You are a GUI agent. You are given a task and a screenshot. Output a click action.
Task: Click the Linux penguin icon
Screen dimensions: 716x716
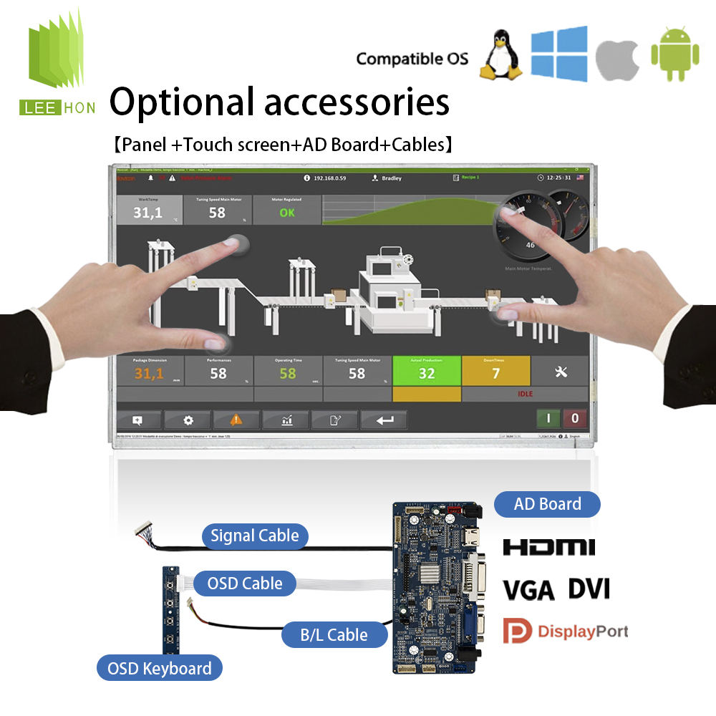tap(500, 54)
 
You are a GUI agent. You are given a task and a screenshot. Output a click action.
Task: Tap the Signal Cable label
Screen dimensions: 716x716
tap(254, 536)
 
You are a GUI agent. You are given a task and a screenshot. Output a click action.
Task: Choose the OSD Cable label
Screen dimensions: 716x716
tap(244, 583)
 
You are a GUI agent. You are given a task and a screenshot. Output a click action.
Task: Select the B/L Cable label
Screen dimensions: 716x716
tap(334, 634)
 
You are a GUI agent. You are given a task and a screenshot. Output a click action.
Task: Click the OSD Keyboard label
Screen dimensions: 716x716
tap(159, 669)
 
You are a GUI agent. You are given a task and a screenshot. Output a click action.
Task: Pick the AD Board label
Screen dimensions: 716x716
tap(547, 504)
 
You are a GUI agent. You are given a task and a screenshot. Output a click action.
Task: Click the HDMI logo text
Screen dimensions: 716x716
tap(548, 548)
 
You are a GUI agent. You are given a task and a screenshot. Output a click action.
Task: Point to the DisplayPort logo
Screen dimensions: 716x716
tap(566, 631)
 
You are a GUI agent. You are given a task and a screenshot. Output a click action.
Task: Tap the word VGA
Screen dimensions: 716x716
tap(528, 591)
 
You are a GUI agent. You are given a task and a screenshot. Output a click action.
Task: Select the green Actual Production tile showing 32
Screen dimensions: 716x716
tap(427, 371)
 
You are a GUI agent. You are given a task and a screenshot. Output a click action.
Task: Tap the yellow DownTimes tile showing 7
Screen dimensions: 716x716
tap(495, 371)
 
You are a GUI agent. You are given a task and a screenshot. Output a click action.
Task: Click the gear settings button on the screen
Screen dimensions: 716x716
tap(188, 420)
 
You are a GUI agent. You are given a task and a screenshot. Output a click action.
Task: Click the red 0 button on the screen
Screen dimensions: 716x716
tap(574, 418)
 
